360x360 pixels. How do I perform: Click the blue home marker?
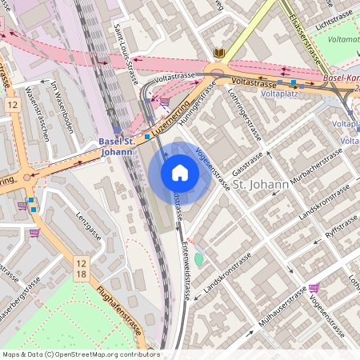pyautogui.click(x=180, y=173)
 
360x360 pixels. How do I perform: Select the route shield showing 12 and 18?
pyautogui.click(x=82, y=268)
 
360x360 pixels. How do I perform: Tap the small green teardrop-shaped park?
pyautogui.click(x=199, y=260)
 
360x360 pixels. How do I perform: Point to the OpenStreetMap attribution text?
pyautogui.click(x=80, y=354)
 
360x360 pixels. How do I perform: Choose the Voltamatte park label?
pyautogui.click(x=344, y=38)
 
